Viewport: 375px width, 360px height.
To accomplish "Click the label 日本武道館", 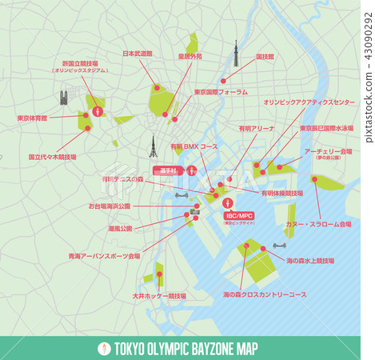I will (137, 54).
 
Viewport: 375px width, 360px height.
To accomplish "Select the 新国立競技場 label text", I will (79, 63).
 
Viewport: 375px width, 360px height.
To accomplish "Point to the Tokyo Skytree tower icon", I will (236, 54).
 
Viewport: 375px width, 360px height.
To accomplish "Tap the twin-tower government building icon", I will (64, 99).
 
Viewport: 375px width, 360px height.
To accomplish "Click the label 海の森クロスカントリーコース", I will (265, 294).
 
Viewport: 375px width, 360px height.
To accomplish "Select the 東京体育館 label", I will (32, 118).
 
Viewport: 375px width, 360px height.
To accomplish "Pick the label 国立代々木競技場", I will (52, 158).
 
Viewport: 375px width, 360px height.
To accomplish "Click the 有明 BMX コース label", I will (193, 147).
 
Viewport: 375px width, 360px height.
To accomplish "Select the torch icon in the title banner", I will (102, 349).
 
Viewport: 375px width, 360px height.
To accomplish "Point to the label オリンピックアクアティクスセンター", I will (309, 103).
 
